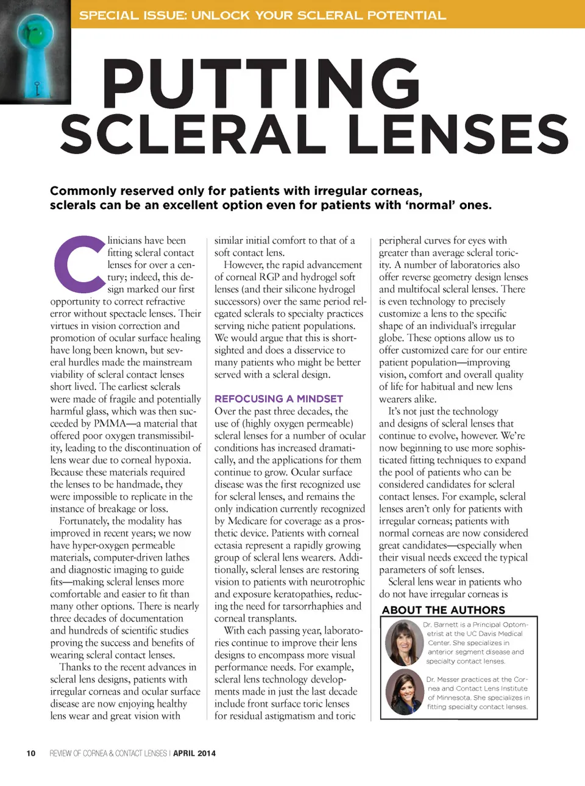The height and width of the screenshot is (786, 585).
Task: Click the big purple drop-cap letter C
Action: point(77,264)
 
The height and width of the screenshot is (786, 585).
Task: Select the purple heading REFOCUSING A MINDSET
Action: point(278,398)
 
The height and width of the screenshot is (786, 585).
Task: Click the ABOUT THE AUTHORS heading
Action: point(443,610)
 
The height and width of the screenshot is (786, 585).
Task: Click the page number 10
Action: point(31,753)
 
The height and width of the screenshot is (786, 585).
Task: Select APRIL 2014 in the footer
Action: point(194,753)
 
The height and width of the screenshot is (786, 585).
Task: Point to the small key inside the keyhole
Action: point(37,89)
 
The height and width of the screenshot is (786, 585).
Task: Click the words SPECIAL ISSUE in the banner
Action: point(133,15)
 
